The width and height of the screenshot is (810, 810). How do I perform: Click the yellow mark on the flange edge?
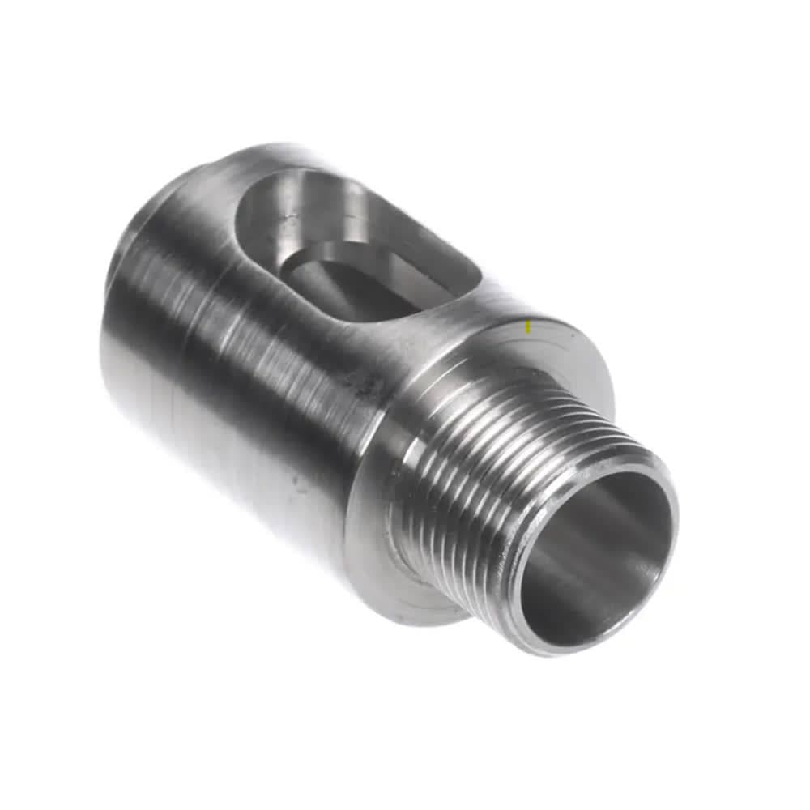(x=528, y=327)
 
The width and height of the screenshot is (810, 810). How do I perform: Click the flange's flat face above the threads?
(x=559, y=356)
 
